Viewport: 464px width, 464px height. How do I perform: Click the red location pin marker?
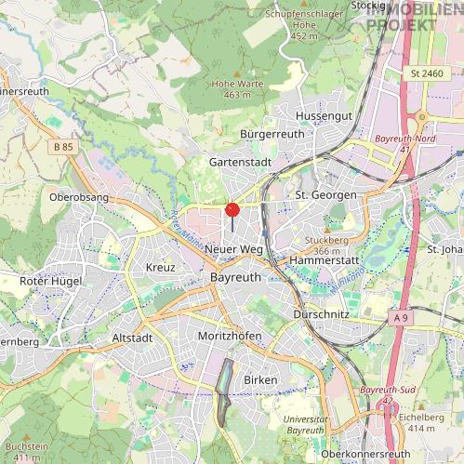tap(232, 210)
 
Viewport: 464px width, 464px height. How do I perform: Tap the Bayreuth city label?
tap(236, 278)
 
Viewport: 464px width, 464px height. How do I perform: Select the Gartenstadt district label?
tap(240, 162)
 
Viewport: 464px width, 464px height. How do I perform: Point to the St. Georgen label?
tap(325, 195)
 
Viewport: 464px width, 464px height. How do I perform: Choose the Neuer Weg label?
tap(233, 250)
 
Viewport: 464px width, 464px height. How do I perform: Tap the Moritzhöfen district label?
tap(230, 335)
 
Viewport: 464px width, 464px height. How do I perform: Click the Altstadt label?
tap(131, 338)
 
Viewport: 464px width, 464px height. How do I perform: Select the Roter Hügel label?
tap(51, 281)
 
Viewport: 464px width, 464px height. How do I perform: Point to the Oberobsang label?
tap(79, 197)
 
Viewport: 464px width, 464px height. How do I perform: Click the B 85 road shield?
tap(63, 147)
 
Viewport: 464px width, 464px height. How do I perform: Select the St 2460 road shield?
tap(426, 73)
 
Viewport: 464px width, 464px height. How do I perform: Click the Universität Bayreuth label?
tap(305, 425)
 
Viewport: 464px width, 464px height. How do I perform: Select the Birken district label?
tap(260, 380)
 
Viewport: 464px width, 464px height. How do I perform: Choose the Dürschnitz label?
tap(321, 314)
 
